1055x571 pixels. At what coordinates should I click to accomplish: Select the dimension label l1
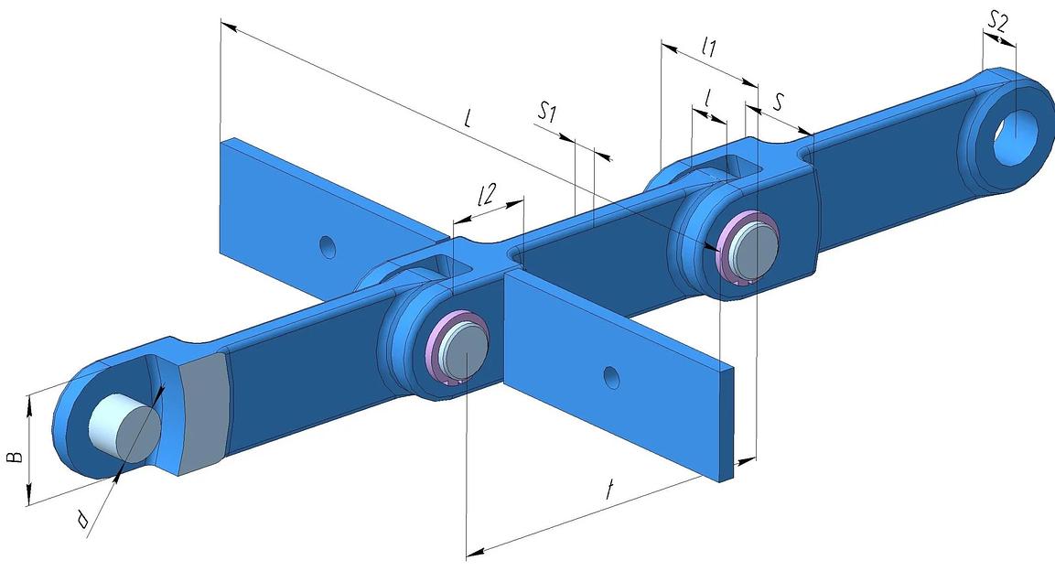(x=708, y=47)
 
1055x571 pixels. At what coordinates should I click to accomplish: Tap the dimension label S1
(x=548, y=112)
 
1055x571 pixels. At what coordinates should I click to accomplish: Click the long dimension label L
(x=468, y=118)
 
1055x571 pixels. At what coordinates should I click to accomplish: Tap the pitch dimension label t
(x=609, y=489)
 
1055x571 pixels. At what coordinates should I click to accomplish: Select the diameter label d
(x=82, y=519)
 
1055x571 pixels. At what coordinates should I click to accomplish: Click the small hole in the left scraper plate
(x=328, y=247)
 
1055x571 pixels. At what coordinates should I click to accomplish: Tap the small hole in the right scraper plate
(x=611, y=377)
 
